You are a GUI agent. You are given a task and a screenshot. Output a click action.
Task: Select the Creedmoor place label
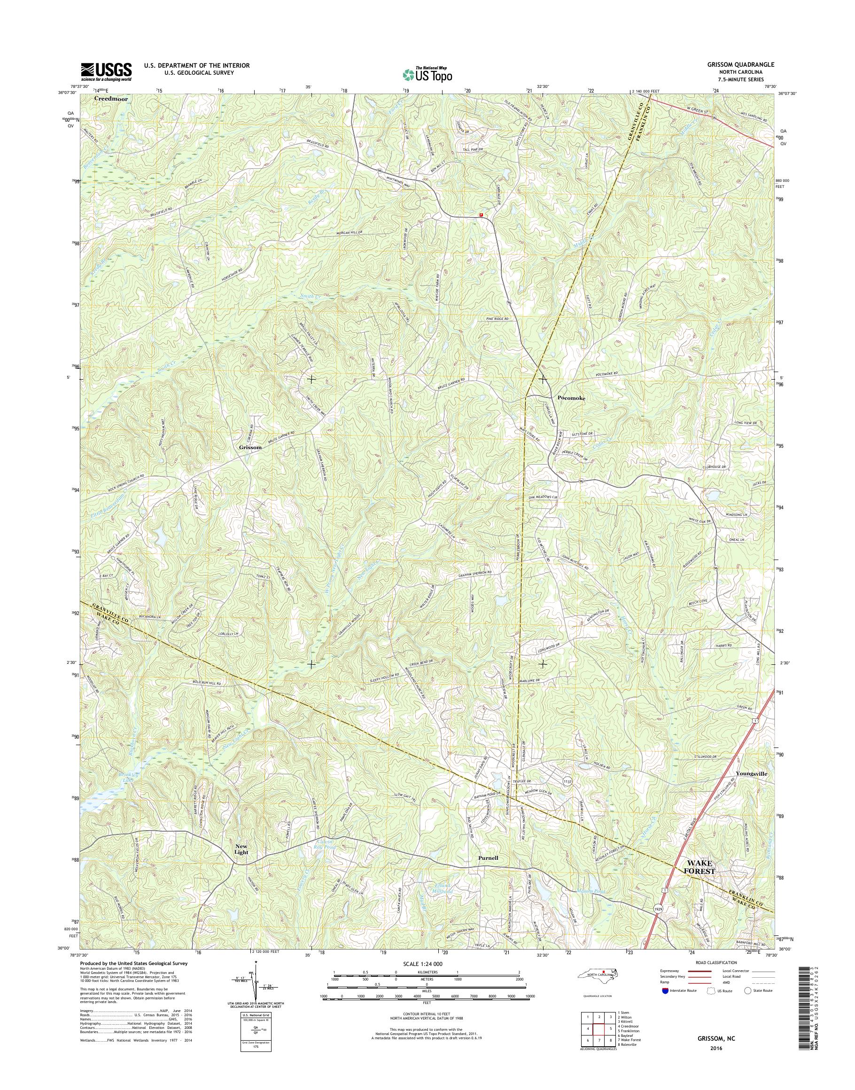coord(111,99)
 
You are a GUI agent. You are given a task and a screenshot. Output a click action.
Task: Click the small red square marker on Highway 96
coord(481,215)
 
